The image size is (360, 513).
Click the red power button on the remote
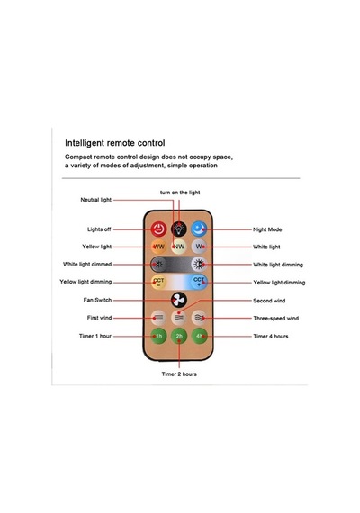pos(158,229)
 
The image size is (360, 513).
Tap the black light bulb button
pos(179,229)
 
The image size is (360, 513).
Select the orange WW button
pos(158,247)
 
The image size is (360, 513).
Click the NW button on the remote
pos(179,247)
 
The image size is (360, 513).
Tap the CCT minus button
pos(158,282)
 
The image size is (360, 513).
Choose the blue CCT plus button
pos(199,282)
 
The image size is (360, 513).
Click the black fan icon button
pos(179,300)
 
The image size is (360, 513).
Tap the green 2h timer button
pos(179,336)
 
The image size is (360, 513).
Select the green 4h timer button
pos(199,336)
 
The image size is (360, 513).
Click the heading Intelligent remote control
pos(115,143)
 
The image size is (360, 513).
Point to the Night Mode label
pos(267,229)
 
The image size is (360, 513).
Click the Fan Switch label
pos(97,300)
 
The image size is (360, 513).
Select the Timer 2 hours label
pos(179,374)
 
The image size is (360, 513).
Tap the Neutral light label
pos(96,200)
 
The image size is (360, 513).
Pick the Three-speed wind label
pos(276,318)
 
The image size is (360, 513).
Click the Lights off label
pos(99,229)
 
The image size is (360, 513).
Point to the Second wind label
pos(269,301)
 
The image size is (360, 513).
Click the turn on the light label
pos(180,193)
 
